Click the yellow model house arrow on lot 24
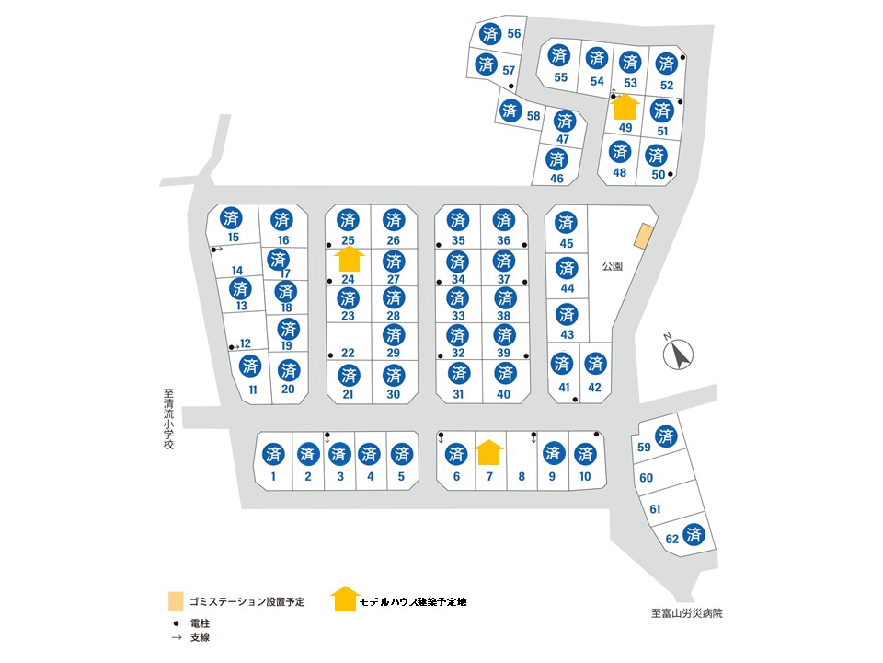[350, 259]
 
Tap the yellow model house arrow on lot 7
[489, 452]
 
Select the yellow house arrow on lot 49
[625, 107]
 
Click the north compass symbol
[678, 354]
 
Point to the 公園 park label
[613, 265]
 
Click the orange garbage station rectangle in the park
[644, 236]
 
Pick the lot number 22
[348, 353]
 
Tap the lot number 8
[522, 476]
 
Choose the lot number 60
[646, 478]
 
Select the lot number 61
[655, 509]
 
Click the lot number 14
[237, 271]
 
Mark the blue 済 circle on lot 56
[490, 34]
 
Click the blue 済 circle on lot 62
[694, 534]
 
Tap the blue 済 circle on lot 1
[273, 453]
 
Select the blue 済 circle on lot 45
[566, 222]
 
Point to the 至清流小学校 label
[168, 419]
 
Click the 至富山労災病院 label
[686, 613]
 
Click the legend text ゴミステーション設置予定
[247, 601]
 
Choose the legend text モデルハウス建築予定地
[413, 601]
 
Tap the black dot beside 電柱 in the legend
[177, 623]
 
